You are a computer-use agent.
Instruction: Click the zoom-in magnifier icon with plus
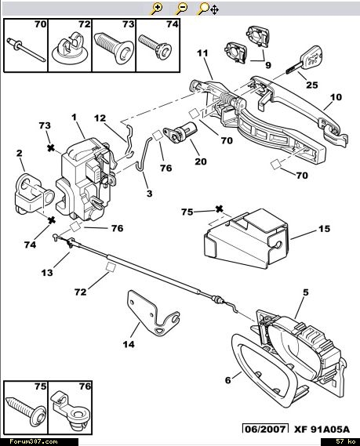(157, 9)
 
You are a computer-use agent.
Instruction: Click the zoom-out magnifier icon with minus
(181, 9)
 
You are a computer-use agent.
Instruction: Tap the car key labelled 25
(305, 61)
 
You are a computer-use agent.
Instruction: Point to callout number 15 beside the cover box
(324, 229)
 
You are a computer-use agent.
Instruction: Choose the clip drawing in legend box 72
(70, 49)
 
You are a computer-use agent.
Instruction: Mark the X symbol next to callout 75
(219, 209)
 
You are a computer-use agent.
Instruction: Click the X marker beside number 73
(51, 148)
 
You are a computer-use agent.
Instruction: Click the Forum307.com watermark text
(34, 441)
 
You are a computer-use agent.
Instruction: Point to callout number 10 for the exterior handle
(336, 97)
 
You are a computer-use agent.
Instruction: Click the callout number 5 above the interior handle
(306, 292)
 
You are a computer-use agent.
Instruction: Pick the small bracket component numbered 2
(34, 194)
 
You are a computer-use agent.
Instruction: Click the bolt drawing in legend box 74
(153, 46)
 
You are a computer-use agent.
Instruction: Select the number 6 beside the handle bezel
(228, 380)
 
